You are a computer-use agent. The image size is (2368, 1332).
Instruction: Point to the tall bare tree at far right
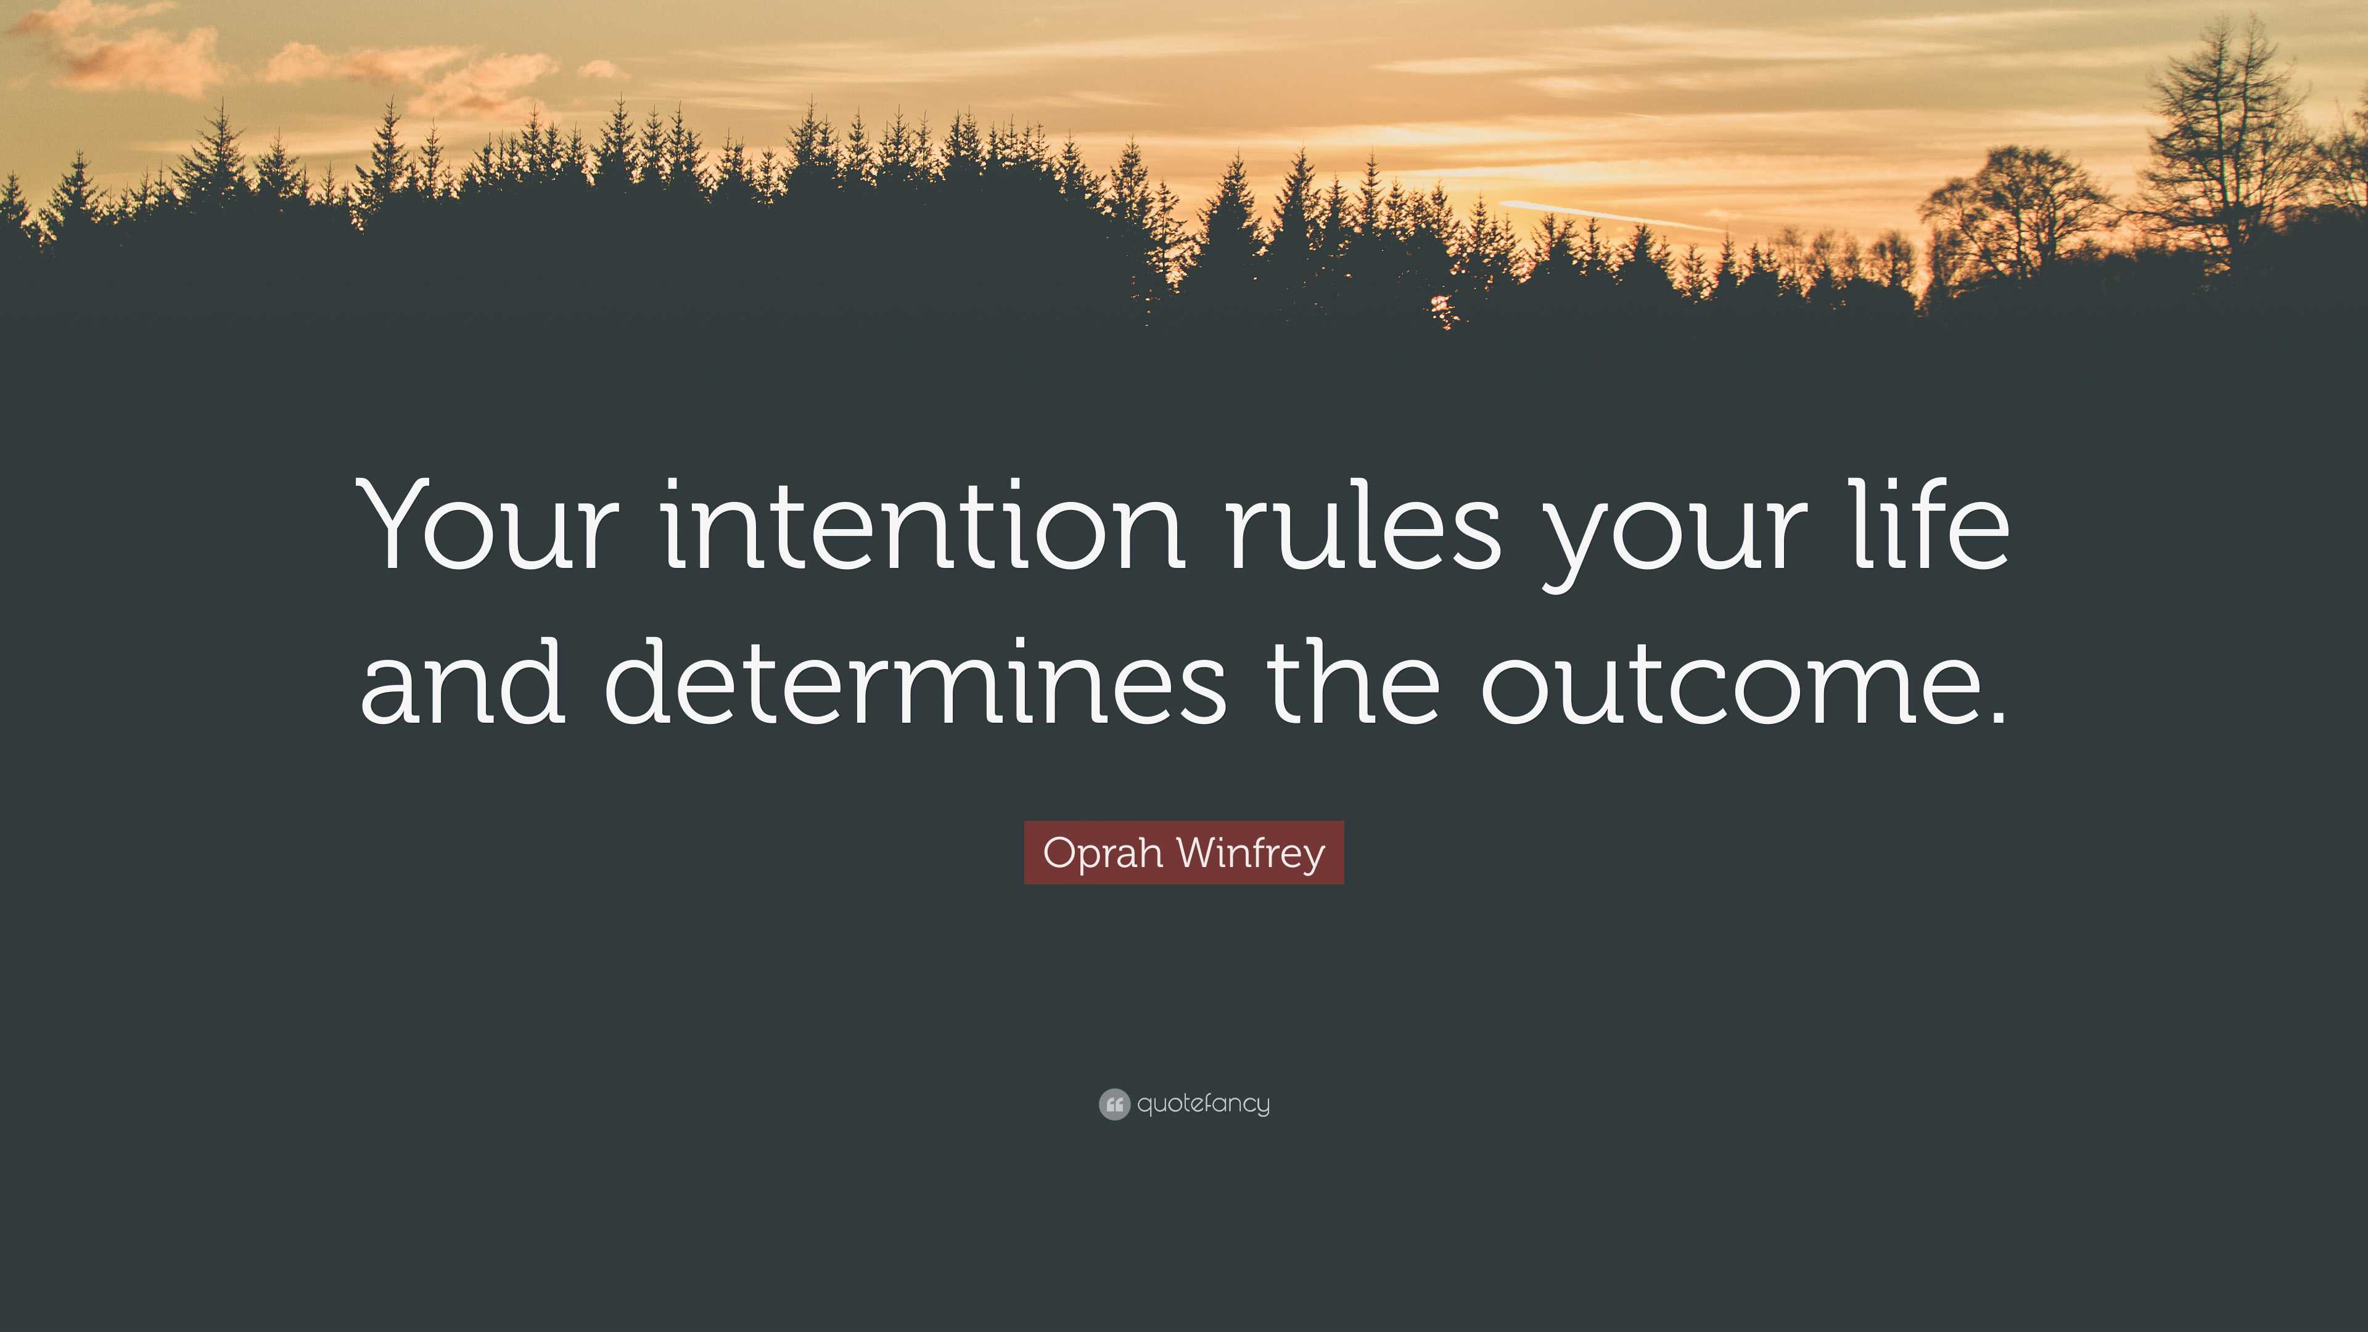click(2224, 138)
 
